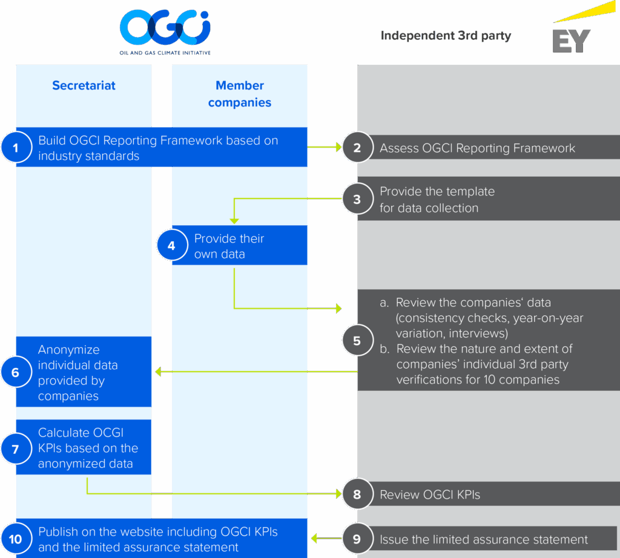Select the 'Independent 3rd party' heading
point(446,36)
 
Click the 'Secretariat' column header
point(84,85)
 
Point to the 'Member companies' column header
point(240,94)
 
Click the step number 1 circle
point(16,148)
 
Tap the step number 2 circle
point(357,148)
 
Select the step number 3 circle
point(357,199)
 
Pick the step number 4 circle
point(171,246)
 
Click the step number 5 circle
point(357,341)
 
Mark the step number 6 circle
point(16,372)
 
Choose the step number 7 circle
point(16,448)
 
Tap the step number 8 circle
point(357,494)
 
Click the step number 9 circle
point(357,539)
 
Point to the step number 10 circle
point(16,539)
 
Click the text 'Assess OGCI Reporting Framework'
point(477,148)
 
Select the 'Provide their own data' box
point(240,246)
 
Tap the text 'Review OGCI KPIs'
point(430,494)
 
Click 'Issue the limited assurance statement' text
point(484,539)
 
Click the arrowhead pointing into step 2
point(337,147)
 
